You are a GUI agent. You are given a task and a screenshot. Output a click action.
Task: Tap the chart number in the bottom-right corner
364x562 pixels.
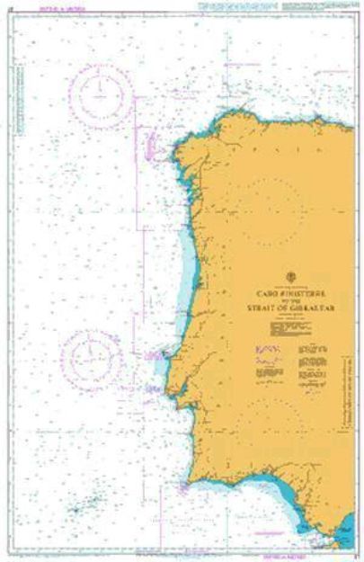coord(356,556)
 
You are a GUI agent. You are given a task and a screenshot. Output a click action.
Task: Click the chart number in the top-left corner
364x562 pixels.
coord(9,6)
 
